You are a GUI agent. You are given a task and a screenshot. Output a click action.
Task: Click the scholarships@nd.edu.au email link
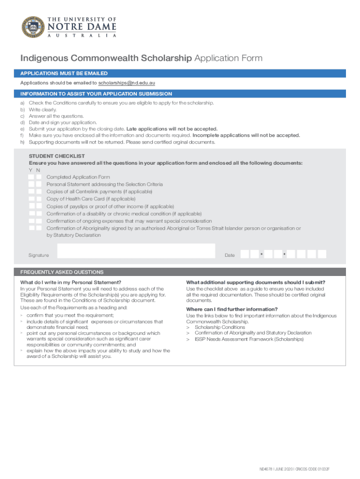pyautogui.click(x=126, y=83)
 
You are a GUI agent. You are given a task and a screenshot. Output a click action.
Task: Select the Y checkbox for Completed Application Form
pyautogui.click(x=31, y=177)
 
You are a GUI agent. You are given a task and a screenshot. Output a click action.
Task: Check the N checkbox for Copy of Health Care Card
pyautogui.click(x=39, y=199)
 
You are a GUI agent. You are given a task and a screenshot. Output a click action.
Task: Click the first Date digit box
pyautogui.click(x=245, y=254)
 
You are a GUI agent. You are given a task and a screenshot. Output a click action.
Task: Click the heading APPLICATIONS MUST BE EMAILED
pyautogui.click(x=64, y=73)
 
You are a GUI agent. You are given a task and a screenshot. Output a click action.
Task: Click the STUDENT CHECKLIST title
pyautogui.click(x=57, y=156)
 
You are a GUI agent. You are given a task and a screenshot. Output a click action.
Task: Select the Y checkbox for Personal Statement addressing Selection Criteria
pyautogui.click(x=31, y=184)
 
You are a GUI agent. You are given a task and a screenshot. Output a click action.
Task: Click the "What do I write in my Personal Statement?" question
pyautogui.click(x=71, y=283)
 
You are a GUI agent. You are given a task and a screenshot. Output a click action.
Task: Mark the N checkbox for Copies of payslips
pyautogui.click(x=39, y=206)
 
